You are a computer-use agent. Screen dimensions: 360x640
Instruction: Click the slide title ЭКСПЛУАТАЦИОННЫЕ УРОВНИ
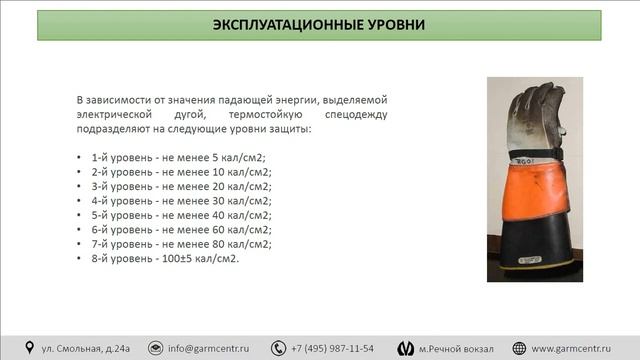(319, 25)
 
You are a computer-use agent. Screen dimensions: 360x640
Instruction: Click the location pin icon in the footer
(27, 347)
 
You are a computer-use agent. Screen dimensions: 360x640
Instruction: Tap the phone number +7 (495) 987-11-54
(332, 348)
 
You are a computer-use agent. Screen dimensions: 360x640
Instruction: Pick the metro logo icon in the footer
(405, 347)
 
